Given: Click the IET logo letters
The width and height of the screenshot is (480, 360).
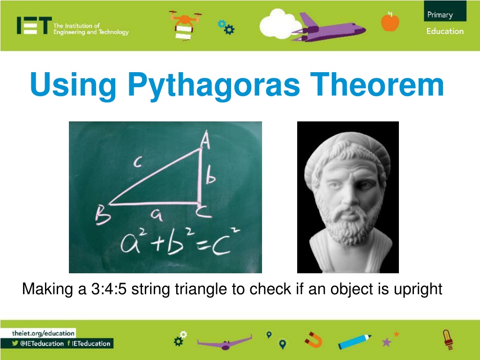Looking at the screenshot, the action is tap(34, 25).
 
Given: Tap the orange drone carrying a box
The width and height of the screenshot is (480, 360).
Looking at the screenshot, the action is tap(184, 25).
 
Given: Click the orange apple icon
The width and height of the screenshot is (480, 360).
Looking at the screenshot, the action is tap(390, 21).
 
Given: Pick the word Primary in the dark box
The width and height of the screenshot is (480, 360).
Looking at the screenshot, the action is tap(440, 15).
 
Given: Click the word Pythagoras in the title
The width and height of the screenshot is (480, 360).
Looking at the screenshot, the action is tap(214, 85).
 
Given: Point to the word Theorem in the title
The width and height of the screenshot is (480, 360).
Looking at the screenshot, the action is tap(377, 84).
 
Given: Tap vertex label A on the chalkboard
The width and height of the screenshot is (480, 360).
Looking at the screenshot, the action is tap(206, 139).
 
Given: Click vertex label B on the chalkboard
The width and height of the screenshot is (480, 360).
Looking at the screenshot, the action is tap(103, 215).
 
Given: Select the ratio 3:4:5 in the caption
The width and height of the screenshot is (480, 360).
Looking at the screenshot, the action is tap(109, 289).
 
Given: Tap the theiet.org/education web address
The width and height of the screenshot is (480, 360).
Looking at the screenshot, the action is tap(43, 333).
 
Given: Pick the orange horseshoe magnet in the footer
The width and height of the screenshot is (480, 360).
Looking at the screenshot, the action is tap(314, 339).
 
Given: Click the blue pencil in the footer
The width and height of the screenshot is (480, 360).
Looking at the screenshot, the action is tap(355, 341).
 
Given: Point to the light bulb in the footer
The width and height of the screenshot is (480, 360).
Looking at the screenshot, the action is tap(448, 339).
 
